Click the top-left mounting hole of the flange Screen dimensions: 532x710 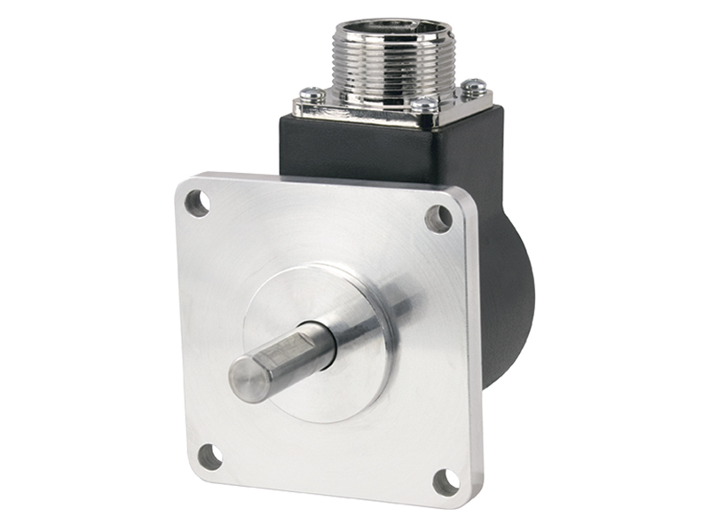click(198, 203)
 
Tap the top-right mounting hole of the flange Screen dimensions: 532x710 click(438, 218)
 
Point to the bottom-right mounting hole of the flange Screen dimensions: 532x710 click(446, 481)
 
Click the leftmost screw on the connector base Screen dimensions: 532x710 click(311, 91)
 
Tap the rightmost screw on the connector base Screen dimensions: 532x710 click(476, 85)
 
